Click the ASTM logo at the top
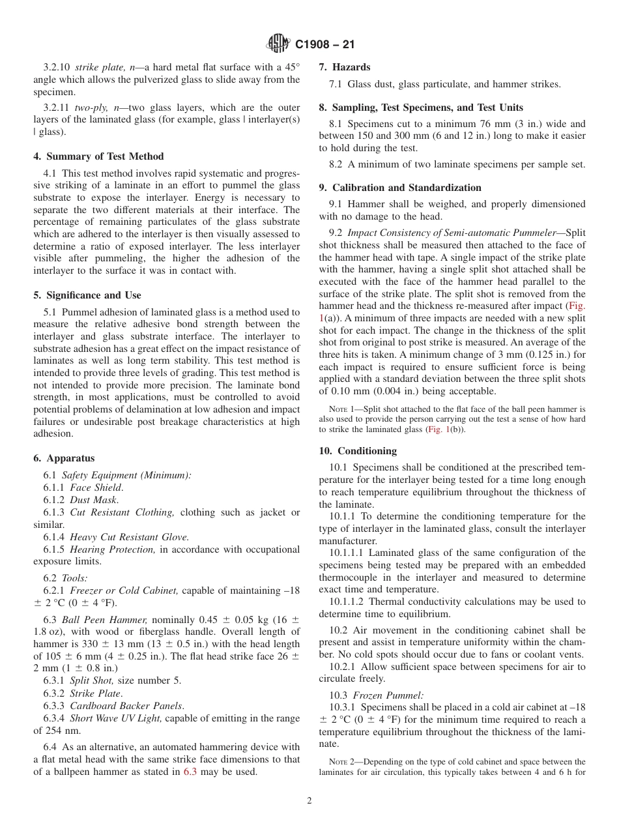(x=278, y=44)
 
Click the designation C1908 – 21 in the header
(x=324, y=45)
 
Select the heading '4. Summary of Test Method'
(x=98, y=156)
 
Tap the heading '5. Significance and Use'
(x=87, y=295)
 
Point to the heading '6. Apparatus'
(x=64, y=458)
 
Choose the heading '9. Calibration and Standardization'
(x=400, y=188)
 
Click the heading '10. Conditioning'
(x=358, y=451)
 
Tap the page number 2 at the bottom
(x=309, y=801)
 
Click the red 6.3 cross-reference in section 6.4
(x=189, y=772)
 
